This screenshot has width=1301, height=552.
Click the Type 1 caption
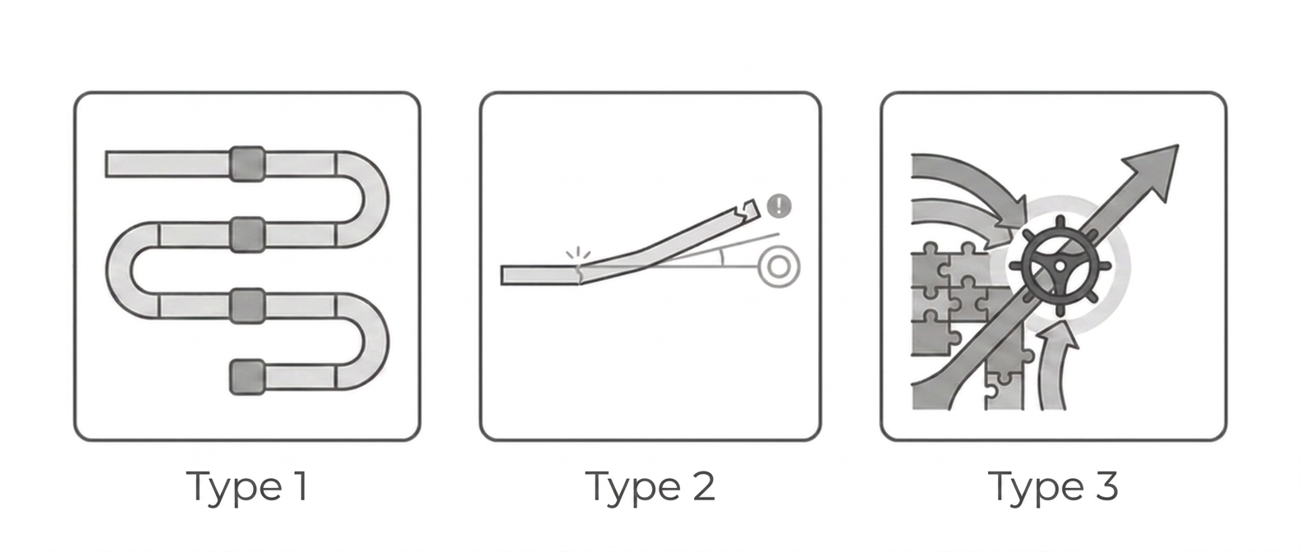point(247,487)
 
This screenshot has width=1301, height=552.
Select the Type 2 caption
point(650,487)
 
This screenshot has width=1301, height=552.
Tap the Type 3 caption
point(1052,487)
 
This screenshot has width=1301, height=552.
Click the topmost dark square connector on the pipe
point(247,163)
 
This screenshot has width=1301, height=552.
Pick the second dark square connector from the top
point(247,235)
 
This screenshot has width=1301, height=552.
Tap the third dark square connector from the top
point(247,306)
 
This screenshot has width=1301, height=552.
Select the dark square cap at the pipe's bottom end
point(247,377)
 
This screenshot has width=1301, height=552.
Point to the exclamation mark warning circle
point(779,205)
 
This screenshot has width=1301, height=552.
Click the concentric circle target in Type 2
point(779,267)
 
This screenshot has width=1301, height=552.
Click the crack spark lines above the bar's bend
point(578,253)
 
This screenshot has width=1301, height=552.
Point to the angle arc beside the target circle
point(722,256)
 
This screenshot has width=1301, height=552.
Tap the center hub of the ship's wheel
point(1060,265)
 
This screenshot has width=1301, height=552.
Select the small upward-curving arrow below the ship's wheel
point(1054,367)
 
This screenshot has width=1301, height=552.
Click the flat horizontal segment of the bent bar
point(540,275)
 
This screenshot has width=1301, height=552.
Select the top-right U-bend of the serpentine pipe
point(362,200)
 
